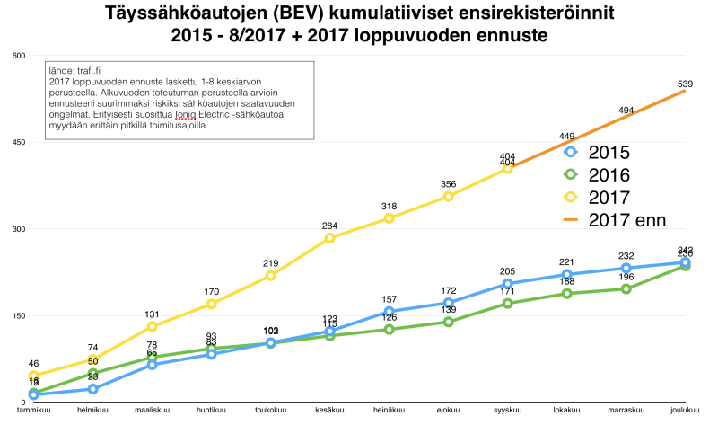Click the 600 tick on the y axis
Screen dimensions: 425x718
pos(18,56)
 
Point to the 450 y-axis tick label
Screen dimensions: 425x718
pos(18,143)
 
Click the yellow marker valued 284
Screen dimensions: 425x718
pos(330,238)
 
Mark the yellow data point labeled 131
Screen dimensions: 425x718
pos(153,326)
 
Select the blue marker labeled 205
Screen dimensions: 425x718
pos(508,284)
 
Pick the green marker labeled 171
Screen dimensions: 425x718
pos(508,304)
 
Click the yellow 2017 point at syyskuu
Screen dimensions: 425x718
pos(508,168)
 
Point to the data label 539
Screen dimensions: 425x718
pos(685,84)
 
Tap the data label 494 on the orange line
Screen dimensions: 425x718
pos(626,111)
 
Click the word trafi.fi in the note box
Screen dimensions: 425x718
pos(85,71)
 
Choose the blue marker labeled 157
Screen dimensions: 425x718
pos(390,312)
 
